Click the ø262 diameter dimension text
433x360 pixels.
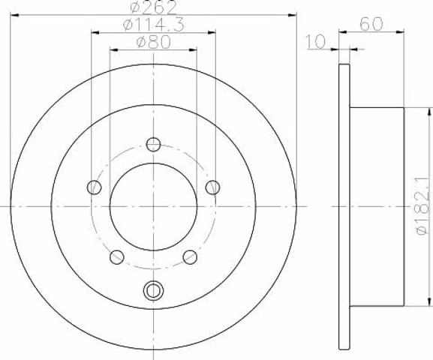pos(152,7)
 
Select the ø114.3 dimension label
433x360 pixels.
pos(153,25)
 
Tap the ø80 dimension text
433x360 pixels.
pos(154,42)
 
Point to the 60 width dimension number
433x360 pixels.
pos(371,24)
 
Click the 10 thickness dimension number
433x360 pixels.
pos(315,42)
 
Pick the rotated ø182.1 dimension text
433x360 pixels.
pos(425,206)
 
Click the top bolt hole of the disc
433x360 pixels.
pos(153,144)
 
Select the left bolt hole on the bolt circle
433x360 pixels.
pos(94,187)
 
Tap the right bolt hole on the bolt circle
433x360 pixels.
pos(212,187)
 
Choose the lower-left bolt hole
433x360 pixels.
pos(117,257)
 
